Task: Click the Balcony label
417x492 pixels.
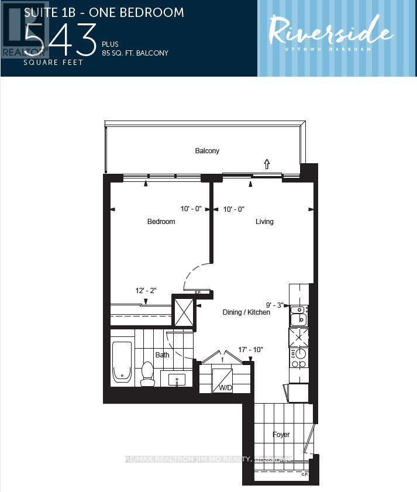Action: [x=207, y=151]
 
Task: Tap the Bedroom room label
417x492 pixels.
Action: [x=161, y=222]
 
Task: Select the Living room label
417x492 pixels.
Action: [x=264, y=222]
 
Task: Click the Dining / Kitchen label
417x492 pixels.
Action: [x=246, y=312]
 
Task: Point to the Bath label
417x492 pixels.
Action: [x=162, y=355]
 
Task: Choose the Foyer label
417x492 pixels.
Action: [x=281, y=435]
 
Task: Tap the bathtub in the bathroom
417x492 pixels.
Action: [x=122, y=362]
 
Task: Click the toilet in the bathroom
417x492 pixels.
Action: [x=147, y=373]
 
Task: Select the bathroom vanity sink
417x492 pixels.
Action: [x=177, y=380]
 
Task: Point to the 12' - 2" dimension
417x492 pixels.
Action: [x=146, y=291]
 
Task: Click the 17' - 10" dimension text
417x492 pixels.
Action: [x=250, y=350]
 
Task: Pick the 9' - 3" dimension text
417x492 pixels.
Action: [x=275, y=305]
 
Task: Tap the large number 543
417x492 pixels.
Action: [x=60, y=39]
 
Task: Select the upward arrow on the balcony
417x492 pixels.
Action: [x=267, y=164]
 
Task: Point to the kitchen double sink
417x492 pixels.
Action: [x=298, y=314]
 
